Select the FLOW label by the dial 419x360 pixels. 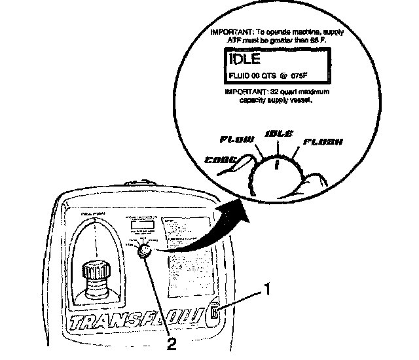click(236, 139)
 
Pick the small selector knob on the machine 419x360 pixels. click(145, 249)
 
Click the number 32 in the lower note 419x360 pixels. click(266, 93)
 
